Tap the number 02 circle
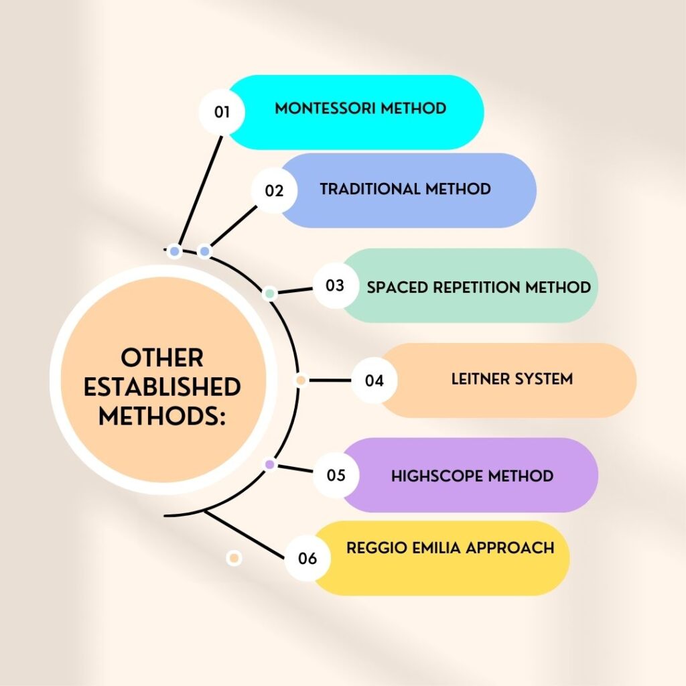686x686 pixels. tap(274, 190)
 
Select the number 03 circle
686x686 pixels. tap(334, 285)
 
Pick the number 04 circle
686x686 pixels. tap(374, 381)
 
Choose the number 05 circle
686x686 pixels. tap(336, 476)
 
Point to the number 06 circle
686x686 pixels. tap(307, 557)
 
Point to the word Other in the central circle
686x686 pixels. tap(162, 358)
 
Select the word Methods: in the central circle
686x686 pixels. tap(162, 416)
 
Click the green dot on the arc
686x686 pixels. tap(270, 293)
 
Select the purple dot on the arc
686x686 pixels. tap(269, 464)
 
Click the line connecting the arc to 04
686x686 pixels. tap(328, 381)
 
